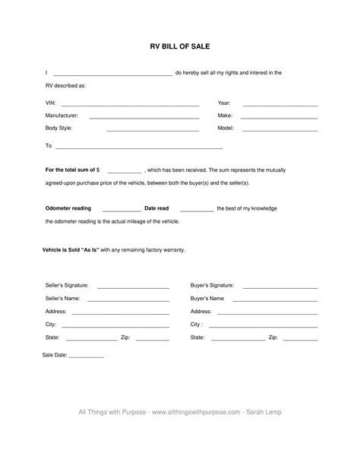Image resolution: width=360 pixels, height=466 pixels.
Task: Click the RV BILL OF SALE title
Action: (x=180, y=46)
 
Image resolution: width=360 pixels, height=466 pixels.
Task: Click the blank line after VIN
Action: (x=130, y=105)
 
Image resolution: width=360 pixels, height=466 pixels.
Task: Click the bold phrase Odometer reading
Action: (x=68, y=208)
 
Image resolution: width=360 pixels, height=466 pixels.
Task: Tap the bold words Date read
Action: (x=156, y=208)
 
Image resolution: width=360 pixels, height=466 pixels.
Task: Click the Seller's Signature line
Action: (x=133, y=287)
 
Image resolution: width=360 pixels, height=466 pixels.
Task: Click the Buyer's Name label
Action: (x=207, y=298)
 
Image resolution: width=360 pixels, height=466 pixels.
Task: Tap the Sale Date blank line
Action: (x=87, y=357)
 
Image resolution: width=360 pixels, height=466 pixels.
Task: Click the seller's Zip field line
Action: (x=153, y=339)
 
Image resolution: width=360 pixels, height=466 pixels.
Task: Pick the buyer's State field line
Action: (x=236, y=339)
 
